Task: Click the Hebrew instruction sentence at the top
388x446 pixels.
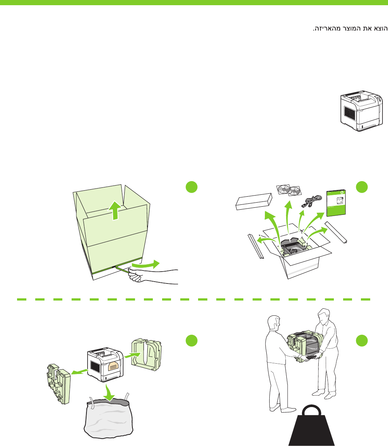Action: (x=350, y=29)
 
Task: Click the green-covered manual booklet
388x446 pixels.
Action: (x=337, y=203)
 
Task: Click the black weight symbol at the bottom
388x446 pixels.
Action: (x=312, y=426)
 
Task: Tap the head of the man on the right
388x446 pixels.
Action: (x=324, y=315)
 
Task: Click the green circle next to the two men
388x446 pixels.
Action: (x=362, y=341)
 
